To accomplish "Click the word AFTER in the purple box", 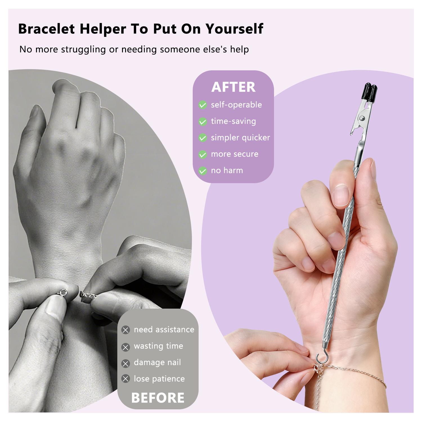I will click(233, 87).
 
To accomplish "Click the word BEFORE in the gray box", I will click(158, 398).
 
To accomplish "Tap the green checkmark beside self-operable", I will click(203, 105).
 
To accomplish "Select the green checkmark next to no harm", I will click(203, 171).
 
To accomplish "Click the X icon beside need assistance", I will click(125, 330).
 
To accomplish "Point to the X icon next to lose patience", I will click(125, 379).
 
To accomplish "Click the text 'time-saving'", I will click(233, 121).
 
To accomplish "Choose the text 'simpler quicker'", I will click(240, 138).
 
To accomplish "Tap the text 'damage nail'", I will click(157, 362).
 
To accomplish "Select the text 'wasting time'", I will click(158, 346).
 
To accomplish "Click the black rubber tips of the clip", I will click(369, 92).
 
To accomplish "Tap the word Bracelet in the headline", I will click(46, 29).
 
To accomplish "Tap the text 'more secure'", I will click(234, 154).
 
